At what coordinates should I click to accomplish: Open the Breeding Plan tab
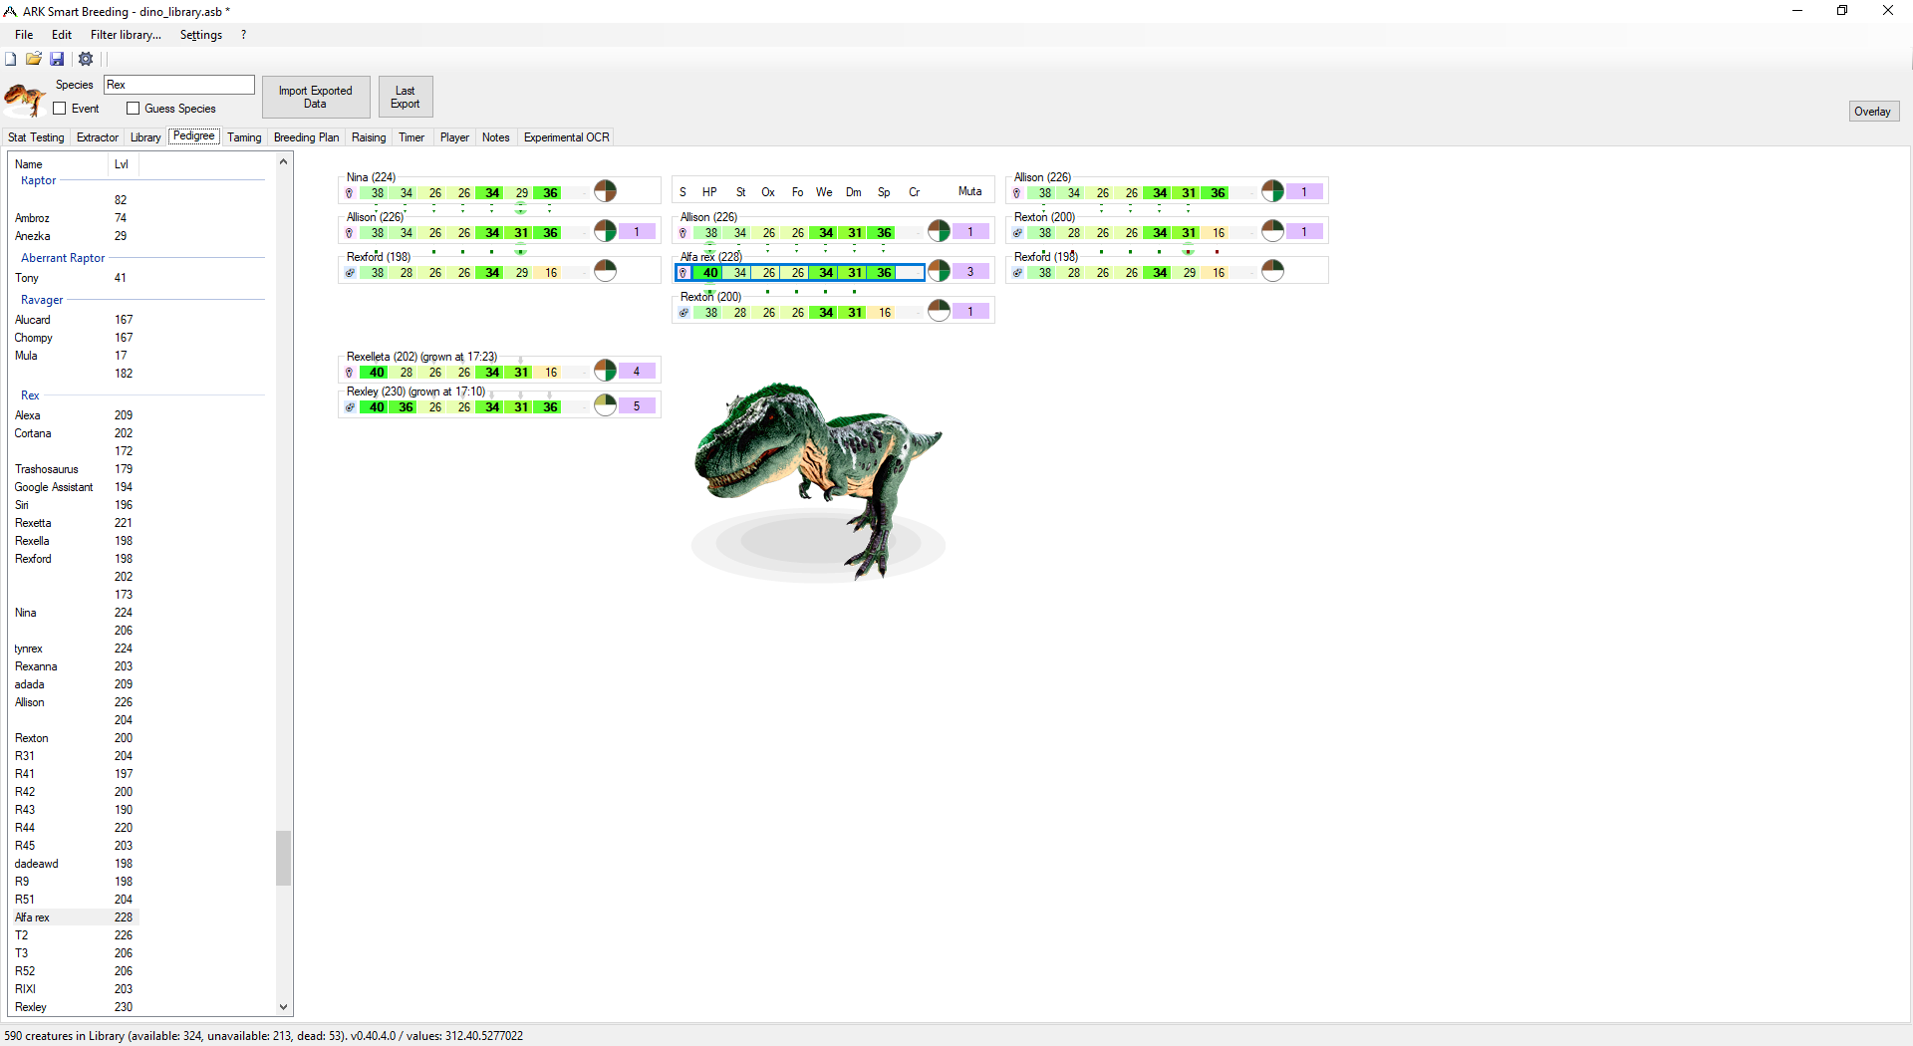(306, 137)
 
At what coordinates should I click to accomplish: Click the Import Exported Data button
(316, 97)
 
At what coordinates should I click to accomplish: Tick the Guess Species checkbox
(134, 109)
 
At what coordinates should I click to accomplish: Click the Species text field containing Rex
(179, 85)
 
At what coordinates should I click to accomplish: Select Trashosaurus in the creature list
(47, 469)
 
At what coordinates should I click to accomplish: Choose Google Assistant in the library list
(54, 487)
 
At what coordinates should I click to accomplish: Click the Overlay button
(1873, 112)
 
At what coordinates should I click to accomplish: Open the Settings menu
(201, 35)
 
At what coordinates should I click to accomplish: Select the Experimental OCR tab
(566, 137)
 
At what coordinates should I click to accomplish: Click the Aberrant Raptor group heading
(63, 258)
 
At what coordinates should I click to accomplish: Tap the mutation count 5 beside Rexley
(637, 406)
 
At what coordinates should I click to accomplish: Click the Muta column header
(969, 191)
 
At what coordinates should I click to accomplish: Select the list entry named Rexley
(31, 1007)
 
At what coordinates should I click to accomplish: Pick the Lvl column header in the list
(122, 164)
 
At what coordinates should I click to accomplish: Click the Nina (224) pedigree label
(371, 177)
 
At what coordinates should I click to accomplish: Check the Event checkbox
(60, 109)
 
